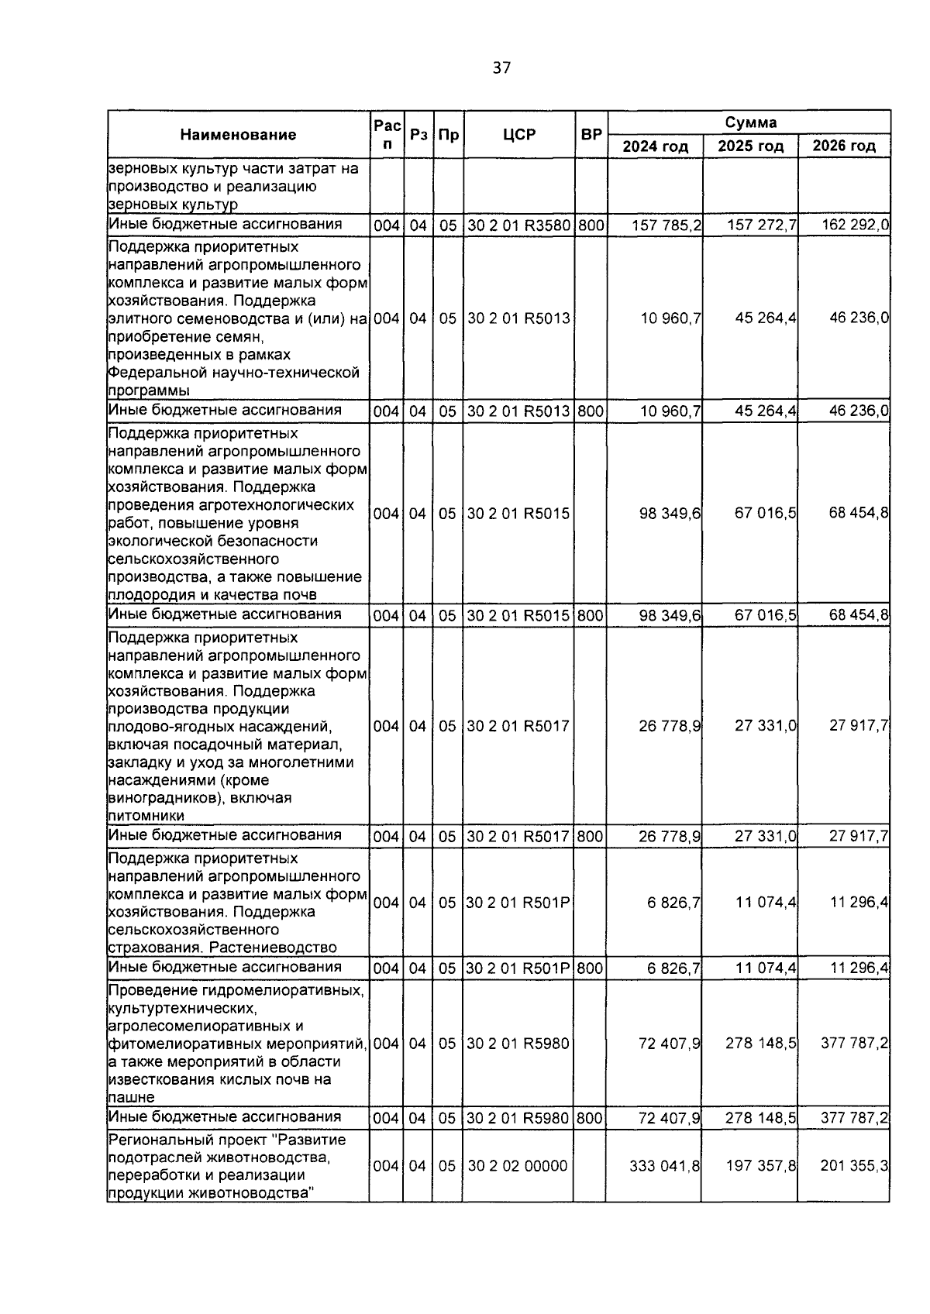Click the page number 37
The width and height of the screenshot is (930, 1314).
[501, 68]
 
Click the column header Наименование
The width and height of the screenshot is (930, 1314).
[238, 135]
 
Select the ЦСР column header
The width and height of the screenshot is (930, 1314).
[518, 135]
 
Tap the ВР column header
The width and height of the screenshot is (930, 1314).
[591, 135]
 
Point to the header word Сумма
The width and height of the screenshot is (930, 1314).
[750, 122]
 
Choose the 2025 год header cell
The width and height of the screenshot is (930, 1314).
[750, 146]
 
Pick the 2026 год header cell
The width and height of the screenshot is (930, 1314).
[844, 146]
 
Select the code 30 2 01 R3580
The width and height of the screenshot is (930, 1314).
[518, 226]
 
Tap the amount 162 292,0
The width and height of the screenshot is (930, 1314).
[856, 225]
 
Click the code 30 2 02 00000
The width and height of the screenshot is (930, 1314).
[517, 1166]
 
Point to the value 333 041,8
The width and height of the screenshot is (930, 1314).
[665, 1166]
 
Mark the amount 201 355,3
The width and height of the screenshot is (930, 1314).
[854, 1166]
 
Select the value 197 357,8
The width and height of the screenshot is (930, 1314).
[760, 1166]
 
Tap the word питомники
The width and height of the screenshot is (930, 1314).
[146, 816]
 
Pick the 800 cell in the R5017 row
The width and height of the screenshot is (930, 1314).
[591, 837]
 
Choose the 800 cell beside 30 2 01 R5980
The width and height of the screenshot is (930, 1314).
[591, 1118]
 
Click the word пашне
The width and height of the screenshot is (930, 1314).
[132, 1098]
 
